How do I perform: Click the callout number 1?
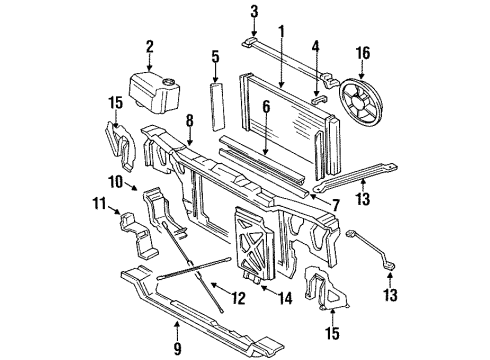point(281,30)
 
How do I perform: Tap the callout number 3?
point(254,12)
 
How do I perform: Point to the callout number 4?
point(316,47)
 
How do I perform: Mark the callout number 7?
point(334,206)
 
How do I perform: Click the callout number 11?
point(100,206)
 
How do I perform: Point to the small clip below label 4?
point(317,98)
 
